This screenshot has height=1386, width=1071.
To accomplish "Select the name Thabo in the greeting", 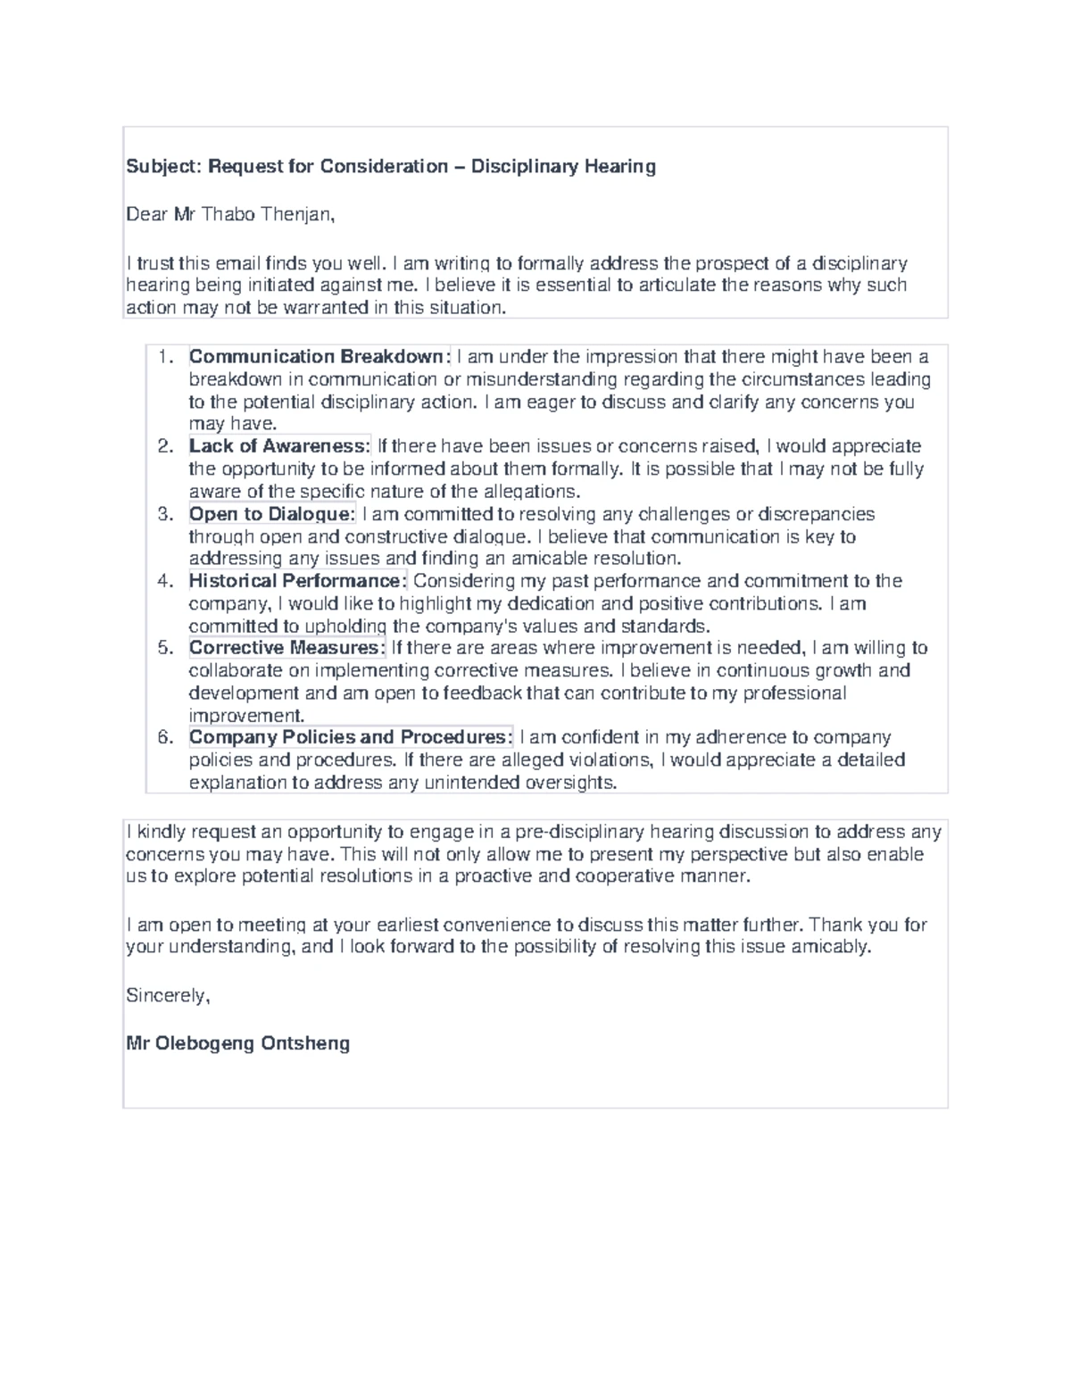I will tap(229, 214).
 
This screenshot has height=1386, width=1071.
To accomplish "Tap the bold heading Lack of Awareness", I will tap(279, 446).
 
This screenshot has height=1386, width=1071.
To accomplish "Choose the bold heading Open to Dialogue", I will tap(271, 514).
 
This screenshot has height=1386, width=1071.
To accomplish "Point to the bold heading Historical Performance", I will tap(297, 581).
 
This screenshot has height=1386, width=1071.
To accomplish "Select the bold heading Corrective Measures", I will tap(286, 648).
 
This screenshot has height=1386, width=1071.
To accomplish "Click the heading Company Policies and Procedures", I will tap(350, 737).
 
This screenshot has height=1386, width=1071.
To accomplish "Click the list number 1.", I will tap(163, 357).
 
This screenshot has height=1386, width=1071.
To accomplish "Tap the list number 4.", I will tap(163, 581).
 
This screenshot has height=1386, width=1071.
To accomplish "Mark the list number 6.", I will tap(163, 737).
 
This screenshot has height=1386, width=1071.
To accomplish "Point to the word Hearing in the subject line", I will tap(620, 166).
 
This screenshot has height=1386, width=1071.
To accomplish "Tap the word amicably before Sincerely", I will tap(830, 947).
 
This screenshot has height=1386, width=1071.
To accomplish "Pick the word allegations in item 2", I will tap(530, 492).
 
